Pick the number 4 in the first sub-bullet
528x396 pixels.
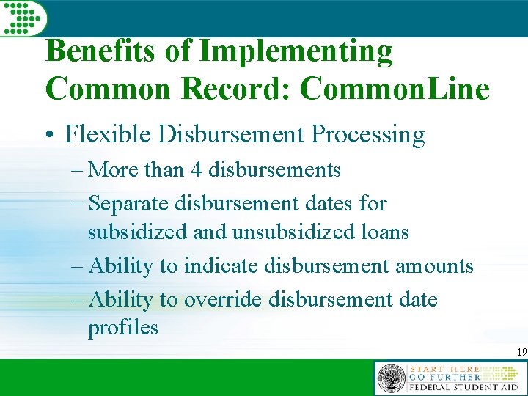coord(197,170)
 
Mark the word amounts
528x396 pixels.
coord(434,265)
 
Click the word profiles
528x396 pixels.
coord(122,327)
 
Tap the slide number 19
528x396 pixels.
coord(521,353)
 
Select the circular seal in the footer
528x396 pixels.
coord(391,379)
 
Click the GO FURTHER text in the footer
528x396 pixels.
coord(443,377)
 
